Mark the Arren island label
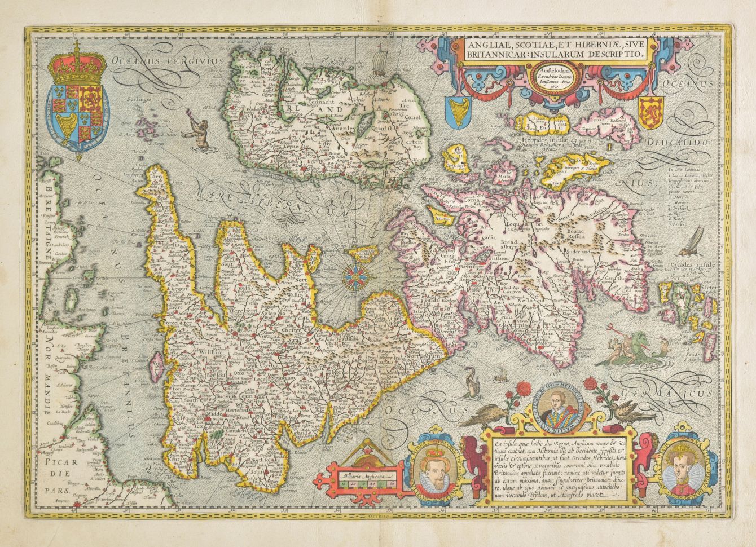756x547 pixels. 439,215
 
